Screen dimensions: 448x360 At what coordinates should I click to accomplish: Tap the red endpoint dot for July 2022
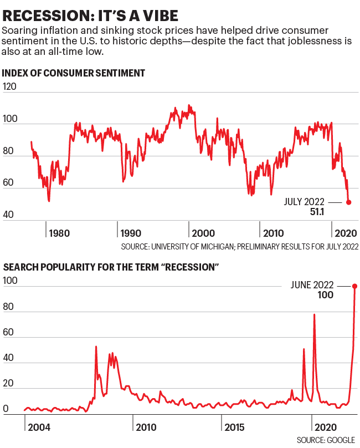348,202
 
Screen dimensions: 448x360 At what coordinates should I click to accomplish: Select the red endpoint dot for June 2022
354,286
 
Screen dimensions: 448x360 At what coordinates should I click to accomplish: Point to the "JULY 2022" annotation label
304,202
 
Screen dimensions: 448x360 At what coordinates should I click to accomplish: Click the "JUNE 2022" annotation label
312,285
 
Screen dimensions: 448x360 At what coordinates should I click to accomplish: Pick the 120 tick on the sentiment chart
9,86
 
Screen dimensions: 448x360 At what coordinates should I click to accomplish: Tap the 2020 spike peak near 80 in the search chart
315,314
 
